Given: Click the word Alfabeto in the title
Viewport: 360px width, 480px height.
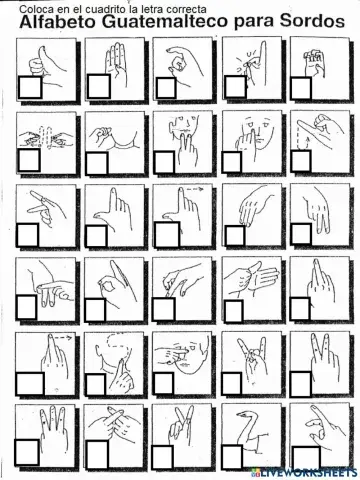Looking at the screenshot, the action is (x=58, y=22).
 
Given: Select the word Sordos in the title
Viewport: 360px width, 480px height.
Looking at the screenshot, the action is (x=312, y=22).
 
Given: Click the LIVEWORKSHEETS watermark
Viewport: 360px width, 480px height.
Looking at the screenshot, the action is (x=305, y=472).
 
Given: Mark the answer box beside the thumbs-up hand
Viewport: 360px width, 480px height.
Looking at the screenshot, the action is (x=30, y=88).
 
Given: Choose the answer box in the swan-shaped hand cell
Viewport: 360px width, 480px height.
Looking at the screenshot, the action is (x=232, y=456).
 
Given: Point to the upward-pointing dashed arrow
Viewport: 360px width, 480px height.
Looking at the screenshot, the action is (x=307, y=139).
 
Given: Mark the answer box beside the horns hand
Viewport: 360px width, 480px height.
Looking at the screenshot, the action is (x=232, y=384).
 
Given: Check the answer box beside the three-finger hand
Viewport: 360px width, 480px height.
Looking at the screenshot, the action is (x=27, y=451).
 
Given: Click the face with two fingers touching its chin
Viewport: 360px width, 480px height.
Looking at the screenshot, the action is (x=183, y=137).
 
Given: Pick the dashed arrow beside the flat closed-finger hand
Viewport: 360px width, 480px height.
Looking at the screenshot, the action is (x=62, y=338).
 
